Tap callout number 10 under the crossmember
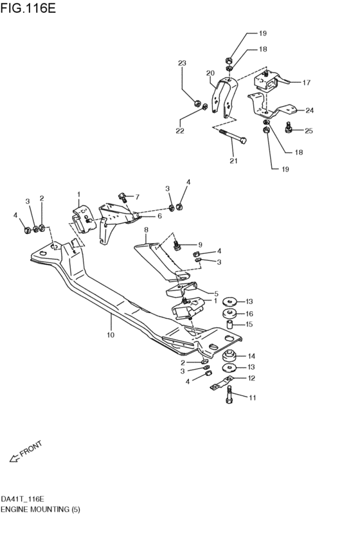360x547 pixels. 111,335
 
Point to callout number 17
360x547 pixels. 307,82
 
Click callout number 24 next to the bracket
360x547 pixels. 309,110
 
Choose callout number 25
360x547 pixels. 309,130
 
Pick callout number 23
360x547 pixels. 182,63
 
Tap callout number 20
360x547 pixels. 210,73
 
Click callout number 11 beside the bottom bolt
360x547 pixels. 253,398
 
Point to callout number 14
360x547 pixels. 251,356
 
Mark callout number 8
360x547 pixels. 146,229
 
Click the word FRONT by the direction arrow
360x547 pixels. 30,449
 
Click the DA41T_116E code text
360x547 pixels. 22,498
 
